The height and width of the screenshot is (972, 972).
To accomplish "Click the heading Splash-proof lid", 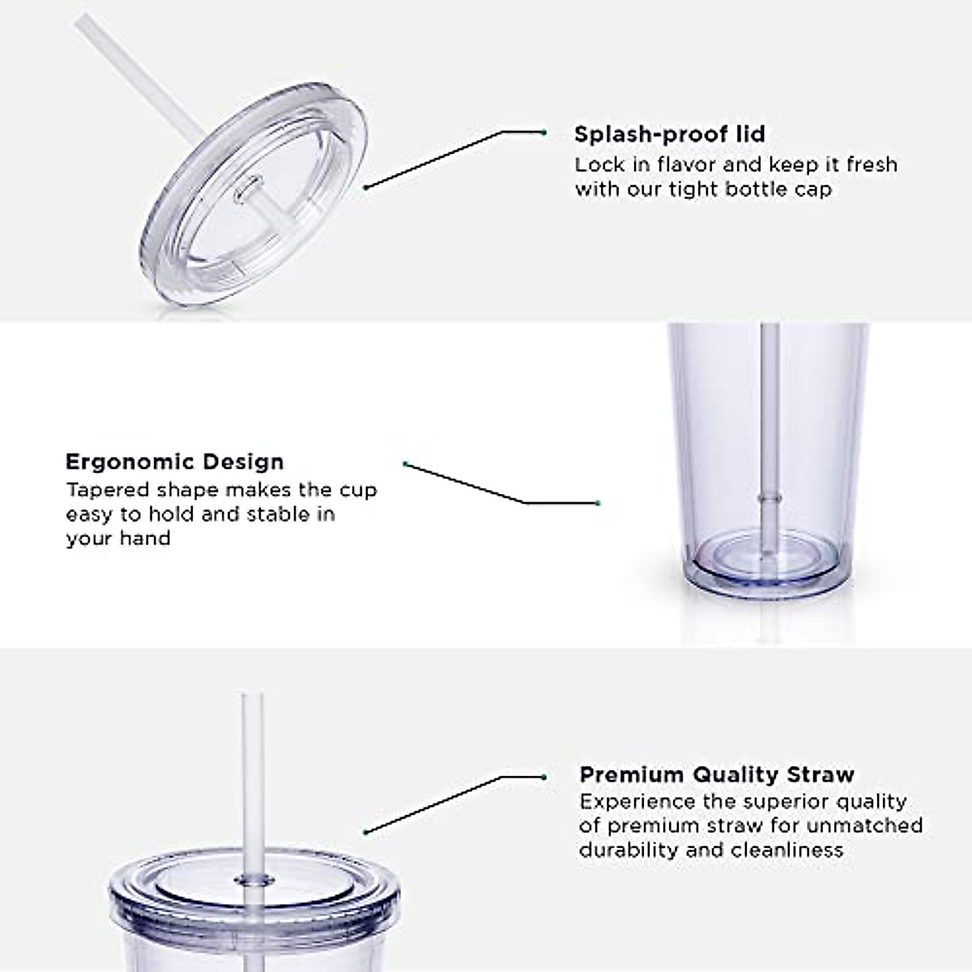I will (669, 134).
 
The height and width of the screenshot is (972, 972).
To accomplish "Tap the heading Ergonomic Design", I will (174, 462).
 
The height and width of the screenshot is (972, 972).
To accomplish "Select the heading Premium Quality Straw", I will (716, 774).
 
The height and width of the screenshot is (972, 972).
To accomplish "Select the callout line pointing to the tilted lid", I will (454, 158).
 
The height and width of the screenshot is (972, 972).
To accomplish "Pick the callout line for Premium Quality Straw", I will (454, 804).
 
